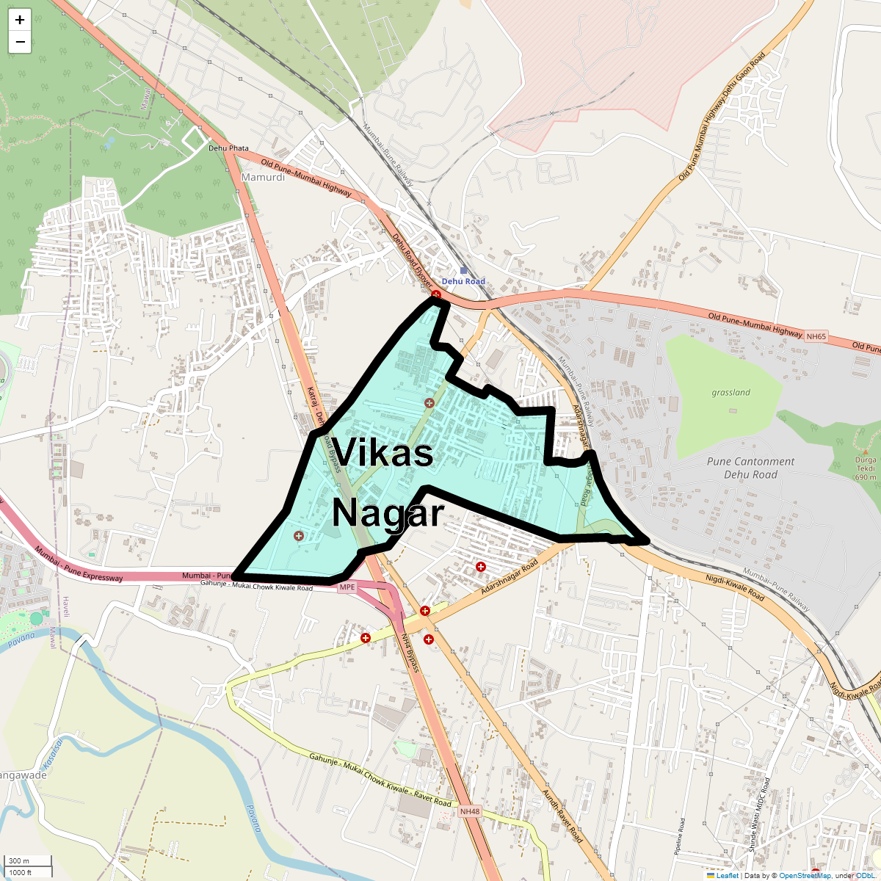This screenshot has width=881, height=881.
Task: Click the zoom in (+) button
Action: click(20, 20)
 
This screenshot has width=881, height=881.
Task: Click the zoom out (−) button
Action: click(20, 43)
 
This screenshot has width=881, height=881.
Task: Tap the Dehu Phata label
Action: click(228, 148)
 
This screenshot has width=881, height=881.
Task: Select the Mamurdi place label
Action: click(263, 178)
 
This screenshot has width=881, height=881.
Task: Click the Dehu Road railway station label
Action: click(463, 281)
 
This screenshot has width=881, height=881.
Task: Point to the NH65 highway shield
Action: click(816, 337)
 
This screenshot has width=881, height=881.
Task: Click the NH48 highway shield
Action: click(470, 812)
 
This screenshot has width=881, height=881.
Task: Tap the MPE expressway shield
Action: click(347, 587)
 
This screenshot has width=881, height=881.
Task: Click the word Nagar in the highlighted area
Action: click(388, 513)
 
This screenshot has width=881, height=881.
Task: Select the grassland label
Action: click(730, 393)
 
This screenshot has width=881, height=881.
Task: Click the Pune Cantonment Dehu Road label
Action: click(750, 468)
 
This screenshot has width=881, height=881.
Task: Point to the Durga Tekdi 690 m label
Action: click(865, 468)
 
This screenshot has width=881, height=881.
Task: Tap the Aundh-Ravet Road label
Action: click(562, 816)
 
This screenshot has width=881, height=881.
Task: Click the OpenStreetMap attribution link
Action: click(805, 875)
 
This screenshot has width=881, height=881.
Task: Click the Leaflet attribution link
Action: click(727, 875)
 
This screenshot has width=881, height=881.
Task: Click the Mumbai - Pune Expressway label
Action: click(79, 565)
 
